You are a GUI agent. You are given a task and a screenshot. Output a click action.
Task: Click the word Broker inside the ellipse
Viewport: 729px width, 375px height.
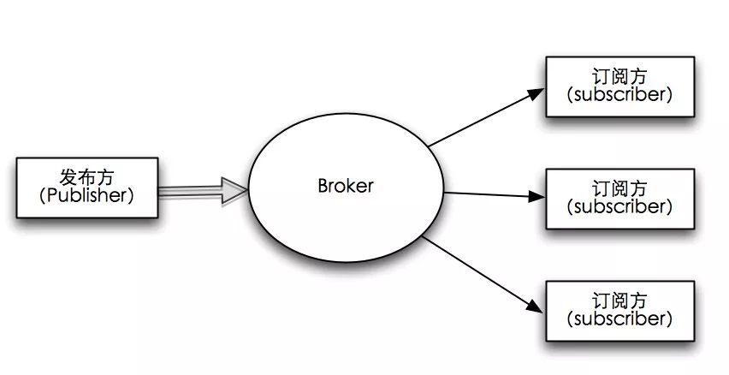coord(346,186)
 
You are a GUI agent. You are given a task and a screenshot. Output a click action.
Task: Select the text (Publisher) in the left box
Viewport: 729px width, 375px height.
coord(86,195)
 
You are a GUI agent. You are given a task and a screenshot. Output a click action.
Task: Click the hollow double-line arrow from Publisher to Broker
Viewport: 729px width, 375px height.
coord(193,190)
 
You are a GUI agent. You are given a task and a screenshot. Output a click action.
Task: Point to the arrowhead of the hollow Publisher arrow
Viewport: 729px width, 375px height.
coord(234,189)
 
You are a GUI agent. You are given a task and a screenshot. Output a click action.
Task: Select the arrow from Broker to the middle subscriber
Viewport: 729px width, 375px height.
coord(492,194)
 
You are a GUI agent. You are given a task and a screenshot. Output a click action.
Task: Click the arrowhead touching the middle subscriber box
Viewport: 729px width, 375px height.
coord(536,196)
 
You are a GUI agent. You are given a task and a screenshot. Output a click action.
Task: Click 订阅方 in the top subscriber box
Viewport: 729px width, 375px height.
coord(619,76)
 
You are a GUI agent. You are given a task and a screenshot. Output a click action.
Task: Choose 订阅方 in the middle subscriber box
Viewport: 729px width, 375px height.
coord(619,187)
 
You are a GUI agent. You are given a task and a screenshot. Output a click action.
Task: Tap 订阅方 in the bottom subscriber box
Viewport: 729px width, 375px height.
coord(619,301)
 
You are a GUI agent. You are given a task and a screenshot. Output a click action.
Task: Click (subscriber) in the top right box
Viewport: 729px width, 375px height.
coord(619,95)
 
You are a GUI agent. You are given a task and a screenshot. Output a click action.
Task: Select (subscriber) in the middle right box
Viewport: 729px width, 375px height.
coord(619,206)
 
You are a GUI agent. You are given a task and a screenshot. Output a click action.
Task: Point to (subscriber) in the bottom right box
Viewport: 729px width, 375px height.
coord(619,319)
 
